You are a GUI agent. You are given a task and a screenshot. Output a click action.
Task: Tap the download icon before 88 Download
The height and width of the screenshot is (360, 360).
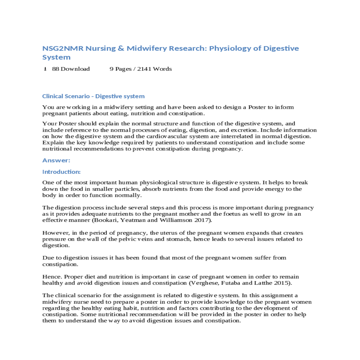pos(45,69)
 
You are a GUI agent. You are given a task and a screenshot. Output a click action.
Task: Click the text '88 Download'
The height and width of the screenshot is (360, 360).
pos(71,69)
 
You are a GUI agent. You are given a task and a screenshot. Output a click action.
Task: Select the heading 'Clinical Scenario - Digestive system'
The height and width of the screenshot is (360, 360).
pos(93,96)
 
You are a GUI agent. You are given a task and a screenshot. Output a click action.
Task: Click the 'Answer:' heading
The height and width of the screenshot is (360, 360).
pos(56,160)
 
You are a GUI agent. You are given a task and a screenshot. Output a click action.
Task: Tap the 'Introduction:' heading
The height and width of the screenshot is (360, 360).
pos(61,172)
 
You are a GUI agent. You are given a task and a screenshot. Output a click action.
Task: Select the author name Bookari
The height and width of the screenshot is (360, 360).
pos(106,220)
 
